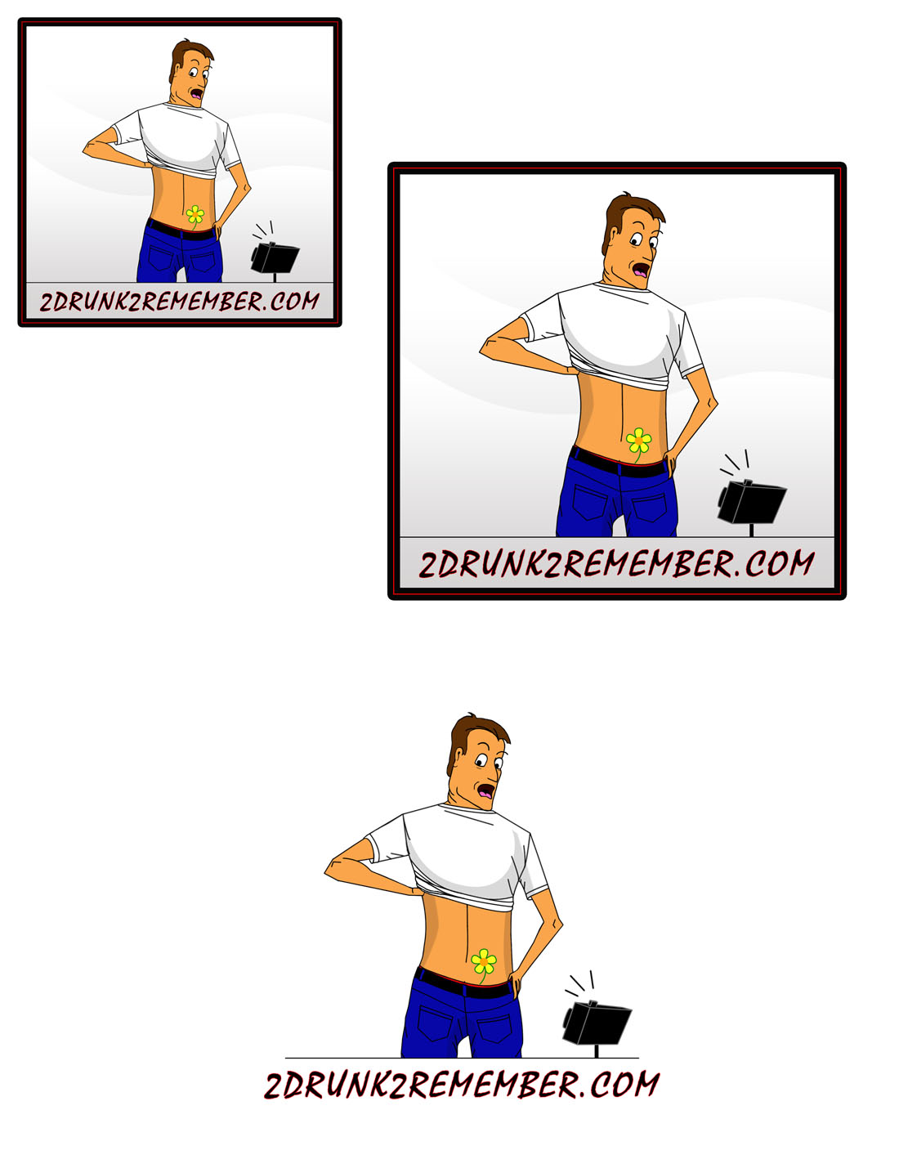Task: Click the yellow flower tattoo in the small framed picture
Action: (195, 216)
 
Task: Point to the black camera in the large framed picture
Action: (751, 502)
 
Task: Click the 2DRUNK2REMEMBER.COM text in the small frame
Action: (180, 302)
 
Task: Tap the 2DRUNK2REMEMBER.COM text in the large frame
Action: (616, 563)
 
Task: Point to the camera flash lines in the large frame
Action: (735, 463)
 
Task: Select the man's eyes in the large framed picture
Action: (643, 239)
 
